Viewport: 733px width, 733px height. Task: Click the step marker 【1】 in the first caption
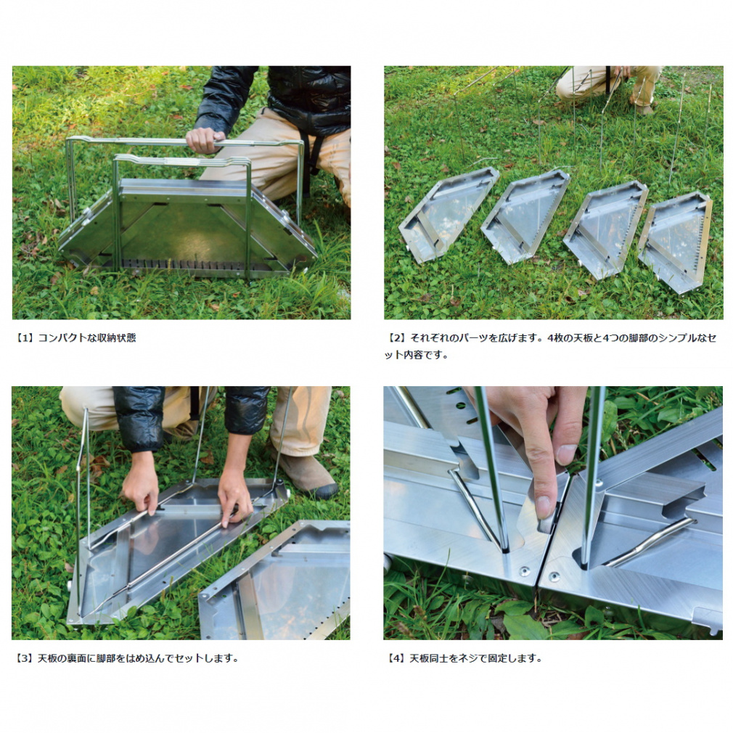pos(24,337)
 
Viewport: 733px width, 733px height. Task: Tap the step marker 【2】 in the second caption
pos(397,337)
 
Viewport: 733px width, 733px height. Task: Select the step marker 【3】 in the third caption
pos(24,658)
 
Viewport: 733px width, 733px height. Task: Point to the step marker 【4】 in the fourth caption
pos(397,658)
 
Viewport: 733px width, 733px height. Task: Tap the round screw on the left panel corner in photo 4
pos(525,570)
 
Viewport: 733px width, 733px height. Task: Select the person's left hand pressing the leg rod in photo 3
pos(234,496)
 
